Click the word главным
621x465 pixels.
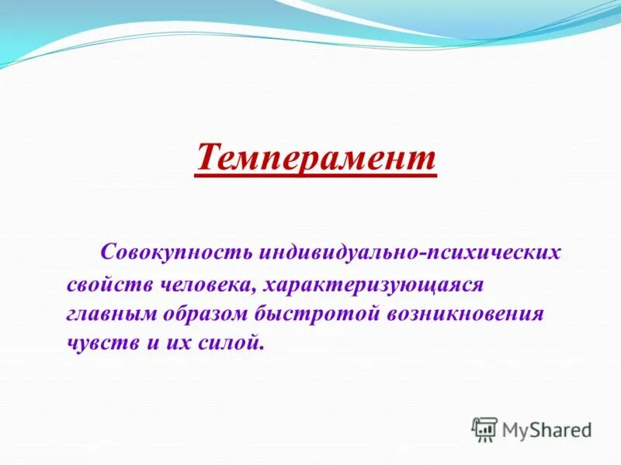113,314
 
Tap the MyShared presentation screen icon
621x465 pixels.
484,429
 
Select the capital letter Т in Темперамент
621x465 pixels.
207,157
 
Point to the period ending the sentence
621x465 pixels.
262,348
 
